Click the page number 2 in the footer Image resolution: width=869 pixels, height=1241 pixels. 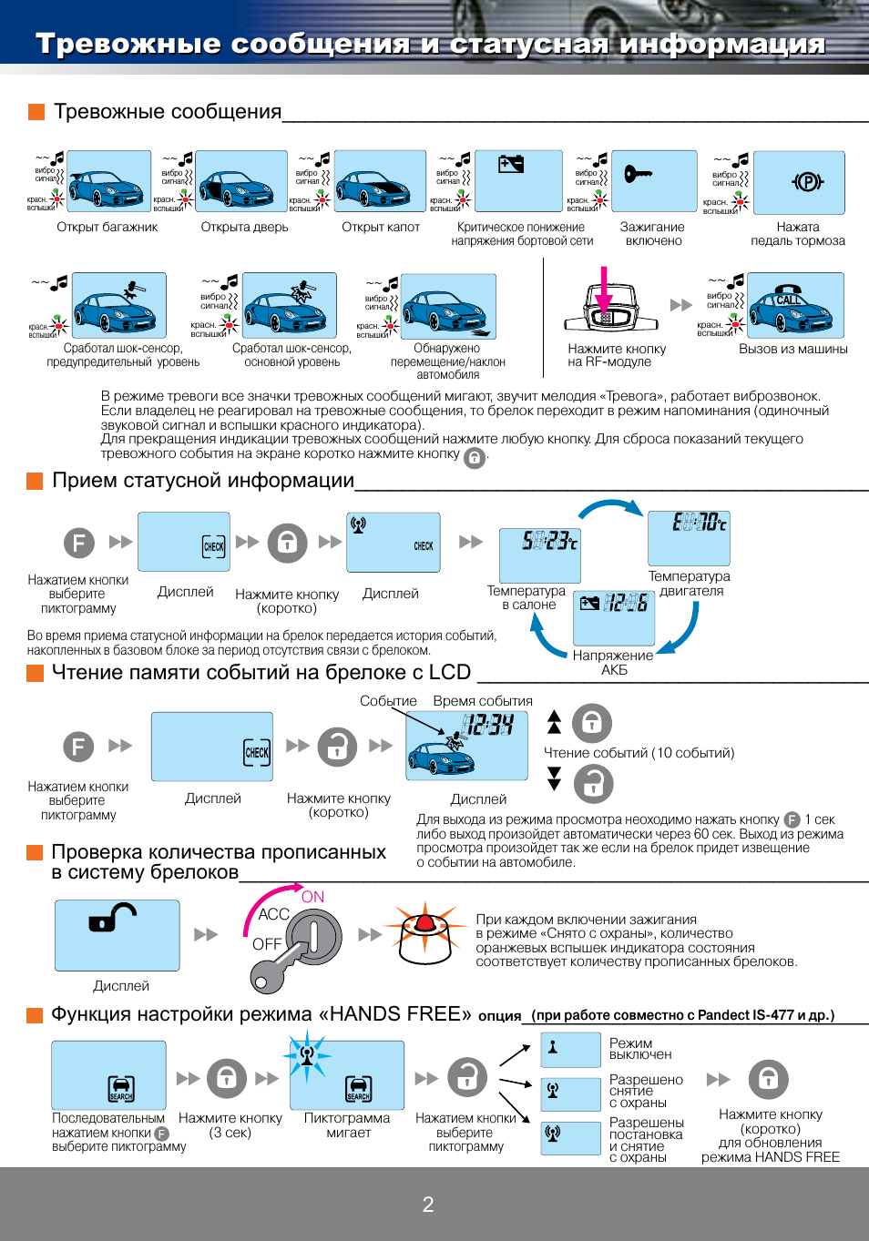(x=428, y=1205)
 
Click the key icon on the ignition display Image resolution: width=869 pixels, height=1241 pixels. (x=637, y=173)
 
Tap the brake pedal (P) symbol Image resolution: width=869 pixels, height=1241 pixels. (x=807, y=182)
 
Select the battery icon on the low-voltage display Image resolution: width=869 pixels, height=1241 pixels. (x=511, y=164)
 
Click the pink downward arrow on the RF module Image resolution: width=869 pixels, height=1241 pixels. (x=603, y=291)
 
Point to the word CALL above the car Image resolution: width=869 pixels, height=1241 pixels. (x=789, y=300)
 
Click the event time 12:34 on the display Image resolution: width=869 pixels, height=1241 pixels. (x=488, y=725)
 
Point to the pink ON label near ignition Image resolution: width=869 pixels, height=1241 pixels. (x=312, y=897)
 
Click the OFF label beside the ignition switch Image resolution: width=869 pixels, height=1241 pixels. (x=266, y=944)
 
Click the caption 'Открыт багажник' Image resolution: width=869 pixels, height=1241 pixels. (x=107, y=227)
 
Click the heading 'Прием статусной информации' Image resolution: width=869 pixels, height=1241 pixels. (x=203, y=480)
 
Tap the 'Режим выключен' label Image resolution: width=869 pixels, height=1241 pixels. (x=640, y=1049)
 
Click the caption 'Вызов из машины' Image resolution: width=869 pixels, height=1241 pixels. (x=792, y=349)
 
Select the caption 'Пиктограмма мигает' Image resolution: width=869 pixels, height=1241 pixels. (x=347, y=1125)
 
